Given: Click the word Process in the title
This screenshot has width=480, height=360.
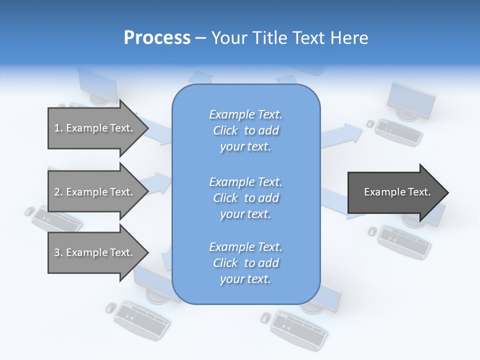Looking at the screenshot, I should pyautogui.click(x=157, y=38).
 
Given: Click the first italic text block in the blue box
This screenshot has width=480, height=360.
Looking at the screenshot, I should pyautogui.click(x=245, y=130).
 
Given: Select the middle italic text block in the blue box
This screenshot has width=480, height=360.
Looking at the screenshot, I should pyautogui.click(x=245, y=198).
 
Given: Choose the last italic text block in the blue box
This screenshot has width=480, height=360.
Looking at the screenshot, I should pyautogui.click(x=245, y=263).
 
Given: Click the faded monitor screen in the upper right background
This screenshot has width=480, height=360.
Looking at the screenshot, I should pyautogui.click(x=411, y=99).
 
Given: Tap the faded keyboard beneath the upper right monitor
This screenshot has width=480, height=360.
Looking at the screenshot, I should pyautogui.click(x=398, y=132).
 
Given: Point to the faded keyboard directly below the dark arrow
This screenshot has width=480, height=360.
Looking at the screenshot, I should pyautogui.click(x=404, y=242).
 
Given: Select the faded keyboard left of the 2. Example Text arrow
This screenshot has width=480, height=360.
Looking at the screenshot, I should pyautogui.click(x=56, y=219).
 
